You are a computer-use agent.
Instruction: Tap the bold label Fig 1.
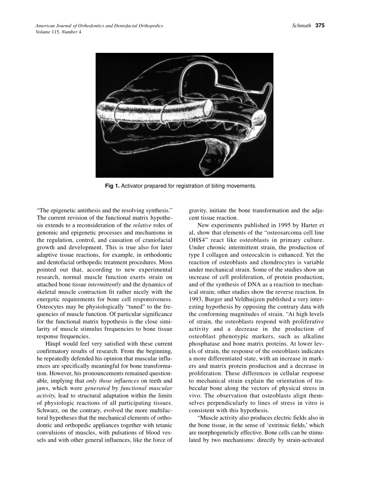(112, 186)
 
